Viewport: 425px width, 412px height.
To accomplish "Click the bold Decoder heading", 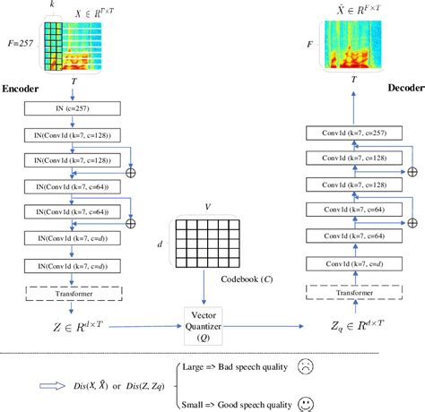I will click(x=403, y=89).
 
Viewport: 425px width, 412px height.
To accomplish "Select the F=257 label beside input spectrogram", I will click(x=20, y=41).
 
